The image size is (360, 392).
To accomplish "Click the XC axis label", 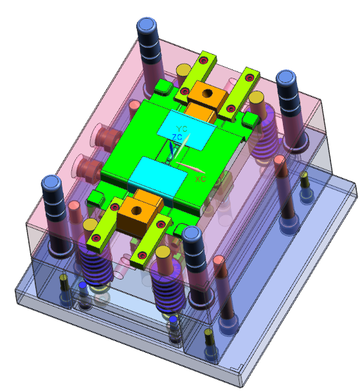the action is click(201, 179).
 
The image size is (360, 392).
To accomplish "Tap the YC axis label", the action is click(182, 129).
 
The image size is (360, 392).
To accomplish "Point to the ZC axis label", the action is click(177, 137).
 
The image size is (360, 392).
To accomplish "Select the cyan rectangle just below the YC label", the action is click(186, 130).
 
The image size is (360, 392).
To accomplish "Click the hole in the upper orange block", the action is click(208, 93).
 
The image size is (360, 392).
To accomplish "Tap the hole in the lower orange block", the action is click(136, 211).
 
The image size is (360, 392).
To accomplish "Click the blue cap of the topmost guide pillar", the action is click(147, 24).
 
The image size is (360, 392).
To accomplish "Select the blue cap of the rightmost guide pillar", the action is click(286, 78).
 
